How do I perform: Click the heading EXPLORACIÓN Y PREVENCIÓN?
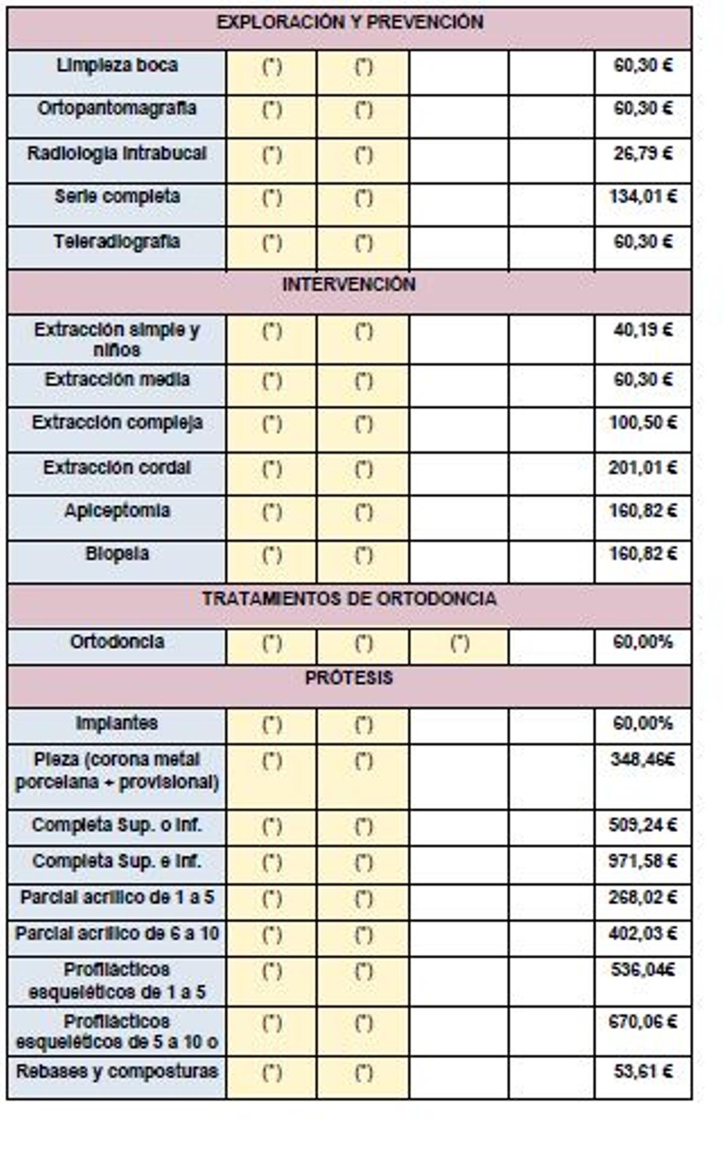[349, 23]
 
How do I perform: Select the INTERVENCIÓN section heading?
[349, 285]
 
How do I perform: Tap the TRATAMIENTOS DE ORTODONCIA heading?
[349, 599]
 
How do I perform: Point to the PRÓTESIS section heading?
[349, 678]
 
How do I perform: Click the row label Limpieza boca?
[117, 66]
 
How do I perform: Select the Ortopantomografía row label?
[117, 109]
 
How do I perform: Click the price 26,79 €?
[643, 154]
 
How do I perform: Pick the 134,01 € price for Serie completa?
[643, 197]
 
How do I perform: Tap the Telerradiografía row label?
[117, 242]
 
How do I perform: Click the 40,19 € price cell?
[643, 330]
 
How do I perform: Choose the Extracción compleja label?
[117, 423]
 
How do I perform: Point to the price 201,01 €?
[643, 468]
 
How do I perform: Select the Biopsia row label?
[117, 554]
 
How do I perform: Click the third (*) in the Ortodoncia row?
[460, 644]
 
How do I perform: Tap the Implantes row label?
[117, 723]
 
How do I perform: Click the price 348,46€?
[643, 760]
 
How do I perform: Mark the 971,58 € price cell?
[643, 861]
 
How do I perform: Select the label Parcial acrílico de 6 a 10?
[117, 934]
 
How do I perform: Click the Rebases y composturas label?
[117, 1071]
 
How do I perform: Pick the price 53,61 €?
[643, 1071]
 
